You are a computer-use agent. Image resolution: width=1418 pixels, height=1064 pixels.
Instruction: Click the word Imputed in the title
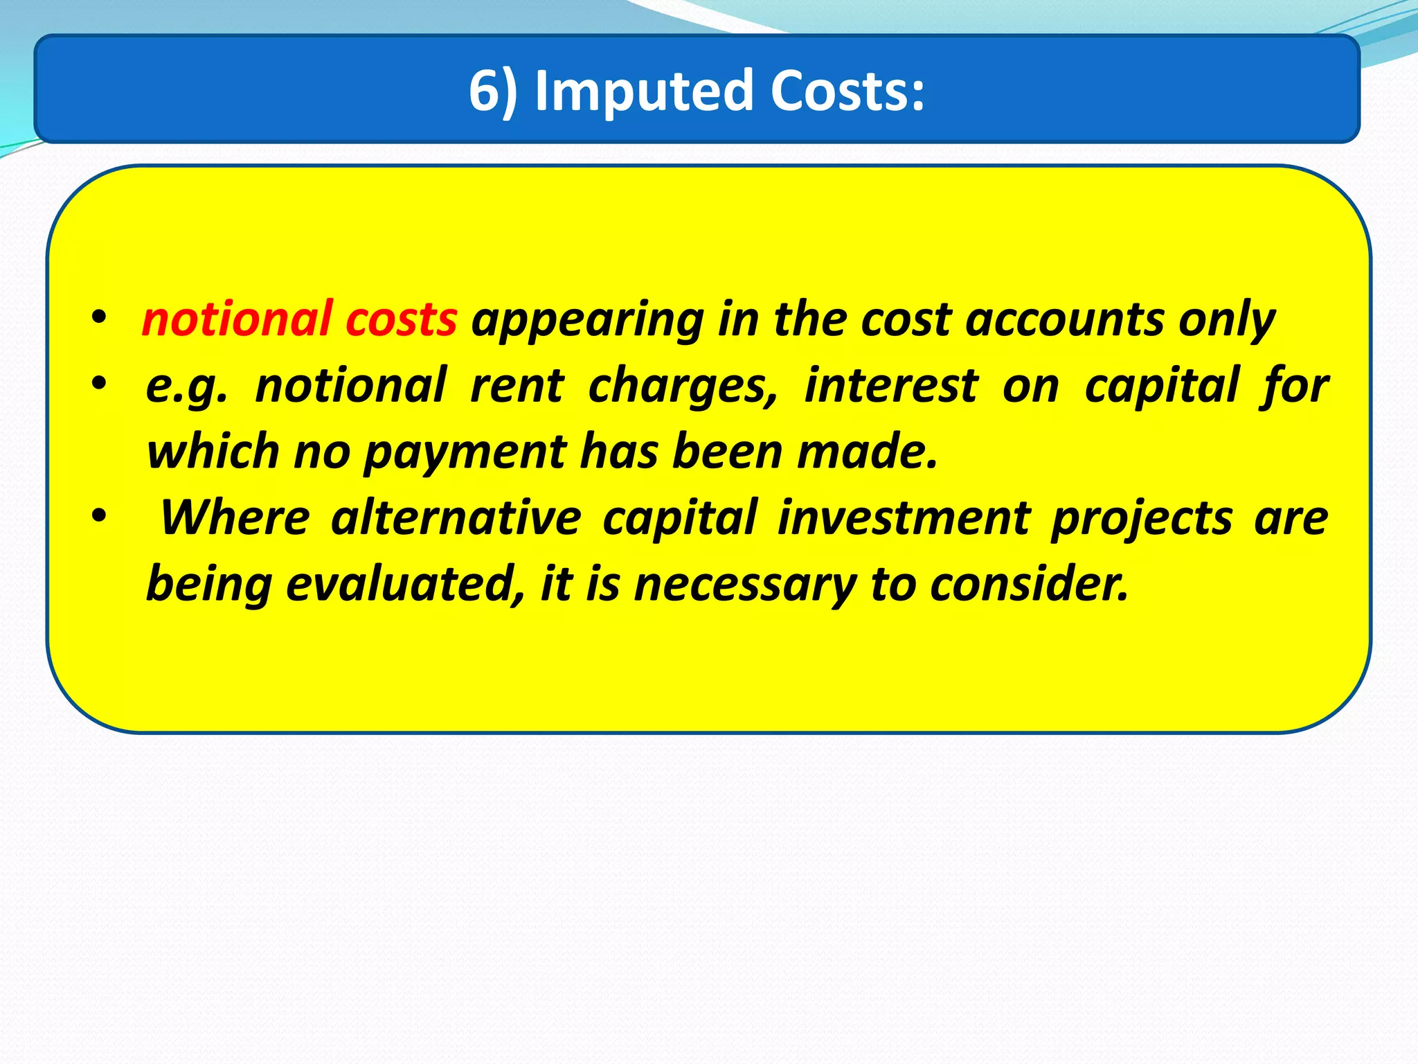pyautogui.click(x=643, y=91)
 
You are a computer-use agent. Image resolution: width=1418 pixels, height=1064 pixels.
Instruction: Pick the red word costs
pyautogui.click(x=401, y=319)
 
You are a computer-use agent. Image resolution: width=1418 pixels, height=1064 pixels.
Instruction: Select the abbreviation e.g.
pyautogui.click(x=186, y=387)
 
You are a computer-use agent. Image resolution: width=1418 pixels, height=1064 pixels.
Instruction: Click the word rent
pyautogui.click(x=517, y=385)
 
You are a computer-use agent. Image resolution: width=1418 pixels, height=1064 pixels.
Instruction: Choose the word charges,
pyautogui.click(x=683, y=387)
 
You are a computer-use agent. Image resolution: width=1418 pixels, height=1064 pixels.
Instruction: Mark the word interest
pyautogui.click(x=891, y=385)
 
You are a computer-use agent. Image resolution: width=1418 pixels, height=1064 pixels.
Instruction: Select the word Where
pyautogui.click(x=234, y=517)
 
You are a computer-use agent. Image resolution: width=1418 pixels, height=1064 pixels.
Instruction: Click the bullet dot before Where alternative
pyautogui.click(x=99, y=516)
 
